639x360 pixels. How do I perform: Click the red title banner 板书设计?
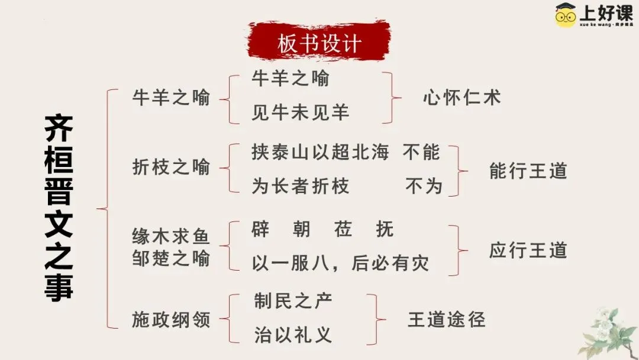319,43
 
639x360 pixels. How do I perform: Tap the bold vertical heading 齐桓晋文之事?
59,208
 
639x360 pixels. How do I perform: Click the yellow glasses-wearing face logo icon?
566,15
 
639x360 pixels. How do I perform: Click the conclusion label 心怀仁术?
461,98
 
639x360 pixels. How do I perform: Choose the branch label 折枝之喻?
171,168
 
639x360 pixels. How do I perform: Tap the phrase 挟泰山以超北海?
320,152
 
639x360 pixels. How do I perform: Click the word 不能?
422,152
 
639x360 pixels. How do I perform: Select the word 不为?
424,187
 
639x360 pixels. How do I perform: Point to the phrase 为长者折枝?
300,187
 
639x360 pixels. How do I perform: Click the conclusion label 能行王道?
528,171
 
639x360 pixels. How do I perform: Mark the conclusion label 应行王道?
528,250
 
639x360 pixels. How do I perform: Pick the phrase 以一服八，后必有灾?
340,263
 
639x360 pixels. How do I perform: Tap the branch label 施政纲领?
171,320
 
